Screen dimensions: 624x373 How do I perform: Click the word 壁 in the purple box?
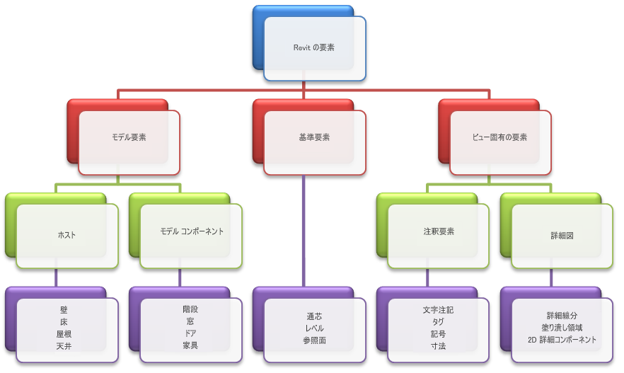pyautogui.click(x=64, y=310)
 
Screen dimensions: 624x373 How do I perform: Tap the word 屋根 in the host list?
pyautogui.click(x=64, y=334)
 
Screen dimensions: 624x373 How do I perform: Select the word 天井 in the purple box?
pyautogui.click(x=64, y=346)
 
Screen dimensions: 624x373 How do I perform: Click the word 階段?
pyautogui.click(x=190, y=309)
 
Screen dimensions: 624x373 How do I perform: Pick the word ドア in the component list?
pyautogui.click(x=190, y=333)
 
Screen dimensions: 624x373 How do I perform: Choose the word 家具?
pyautogui.click(x=190, y=345)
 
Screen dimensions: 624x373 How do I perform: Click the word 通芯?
pyautogui.click(x=314, y=316)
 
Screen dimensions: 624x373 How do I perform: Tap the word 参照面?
pyautogui.click(x=314, y=340)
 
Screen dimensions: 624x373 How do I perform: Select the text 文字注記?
pyautogui.click(x=438, y=310)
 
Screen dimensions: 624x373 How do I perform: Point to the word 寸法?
pyautogui.click(x=438, y=346)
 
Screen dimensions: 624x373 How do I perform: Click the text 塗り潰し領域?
pyautogui.click(x=562, y=328)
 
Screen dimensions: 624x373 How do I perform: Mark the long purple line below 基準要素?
pyautogui.click(x=304, y=231)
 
